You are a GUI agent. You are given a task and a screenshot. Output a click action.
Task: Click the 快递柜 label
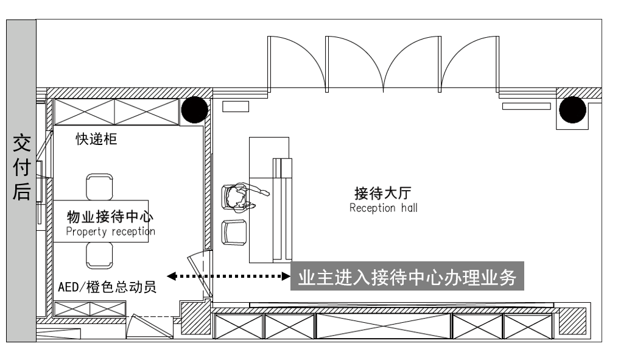[x=97, y=139]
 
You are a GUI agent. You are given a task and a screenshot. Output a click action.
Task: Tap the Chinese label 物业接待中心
[x=110, y=216]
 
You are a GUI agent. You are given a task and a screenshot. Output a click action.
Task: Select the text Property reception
[x=110, y=231]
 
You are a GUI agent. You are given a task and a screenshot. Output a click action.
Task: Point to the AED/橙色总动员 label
[x=107, y=287]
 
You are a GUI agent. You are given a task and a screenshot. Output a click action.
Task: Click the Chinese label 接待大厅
[x=383, y=193]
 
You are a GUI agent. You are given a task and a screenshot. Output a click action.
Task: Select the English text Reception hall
[x=384, y=208]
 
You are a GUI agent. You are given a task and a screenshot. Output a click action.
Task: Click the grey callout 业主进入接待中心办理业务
[x=407, y=276]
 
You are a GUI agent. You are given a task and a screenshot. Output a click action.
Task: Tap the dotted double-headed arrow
[x=228, y=276]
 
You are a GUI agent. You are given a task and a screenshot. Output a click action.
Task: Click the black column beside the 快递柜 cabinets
[x=194, y=110]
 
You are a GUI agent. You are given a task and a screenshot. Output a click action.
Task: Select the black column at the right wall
[x=573, y=110]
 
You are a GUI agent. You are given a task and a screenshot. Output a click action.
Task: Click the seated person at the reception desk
[x=242, y=196]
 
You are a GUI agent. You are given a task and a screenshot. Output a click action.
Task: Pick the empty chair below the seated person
[x=234, y=233]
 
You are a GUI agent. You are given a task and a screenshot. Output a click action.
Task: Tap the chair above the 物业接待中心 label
[x=99, y=187]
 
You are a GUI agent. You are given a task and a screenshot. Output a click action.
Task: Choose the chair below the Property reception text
[x=99, y=255]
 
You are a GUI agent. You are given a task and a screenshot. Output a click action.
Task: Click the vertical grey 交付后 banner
[x=21, y=180]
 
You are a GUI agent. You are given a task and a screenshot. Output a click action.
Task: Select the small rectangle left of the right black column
[x=527, y=106]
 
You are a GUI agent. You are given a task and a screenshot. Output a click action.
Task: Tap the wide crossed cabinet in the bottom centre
[x=383, y=326]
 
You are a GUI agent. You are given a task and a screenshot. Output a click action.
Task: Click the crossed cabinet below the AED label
[x=90, y=309]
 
